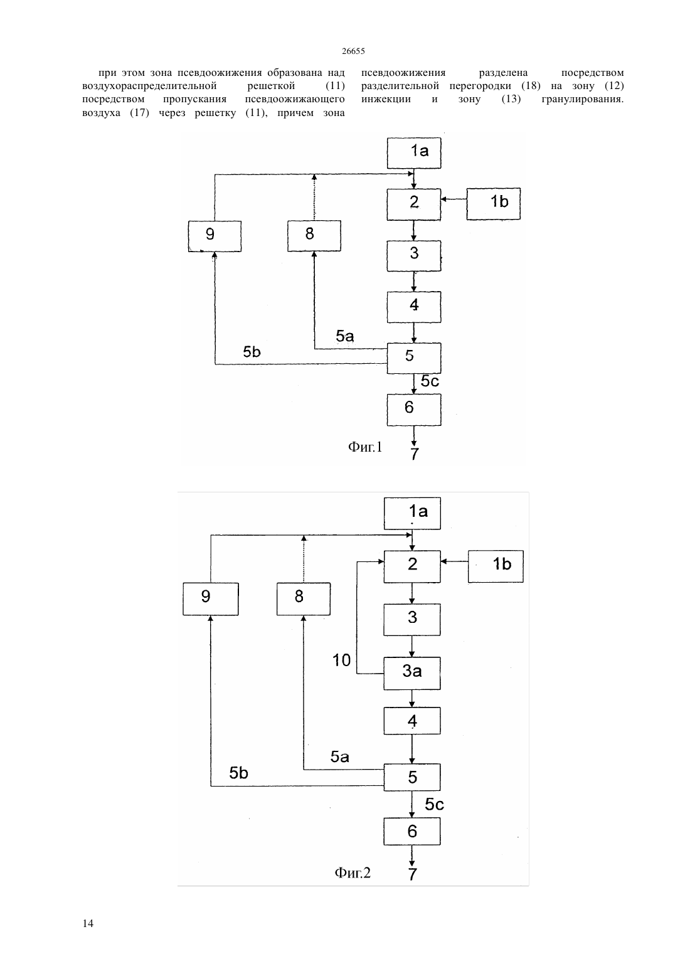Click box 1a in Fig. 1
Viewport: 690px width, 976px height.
[414, 153]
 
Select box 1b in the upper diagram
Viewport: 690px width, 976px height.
[493, 203]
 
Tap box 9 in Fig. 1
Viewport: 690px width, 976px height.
[215, 236]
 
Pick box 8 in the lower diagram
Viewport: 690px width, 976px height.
[304, 598]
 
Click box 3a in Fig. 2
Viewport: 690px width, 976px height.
[412, 673]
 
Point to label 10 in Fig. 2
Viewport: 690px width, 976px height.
[341, 660]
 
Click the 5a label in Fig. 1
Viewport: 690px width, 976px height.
[344, 336]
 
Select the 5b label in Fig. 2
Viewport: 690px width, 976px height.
[239, 773]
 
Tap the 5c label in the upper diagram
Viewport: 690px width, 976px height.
[430, 381]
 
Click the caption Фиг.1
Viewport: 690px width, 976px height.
[365, 447]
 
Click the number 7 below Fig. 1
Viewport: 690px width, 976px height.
[414, 454]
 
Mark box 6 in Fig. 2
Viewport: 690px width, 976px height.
[412, 831]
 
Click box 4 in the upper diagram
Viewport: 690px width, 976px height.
[414, 307]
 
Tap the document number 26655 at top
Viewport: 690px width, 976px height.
[353, 51]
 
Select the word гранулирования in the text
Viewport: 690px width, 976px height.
[582, 99]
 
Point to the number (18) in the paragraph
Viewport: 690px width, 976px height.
[531, 85]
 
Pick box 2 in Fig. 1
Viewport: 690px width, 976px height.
[414, 204]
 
